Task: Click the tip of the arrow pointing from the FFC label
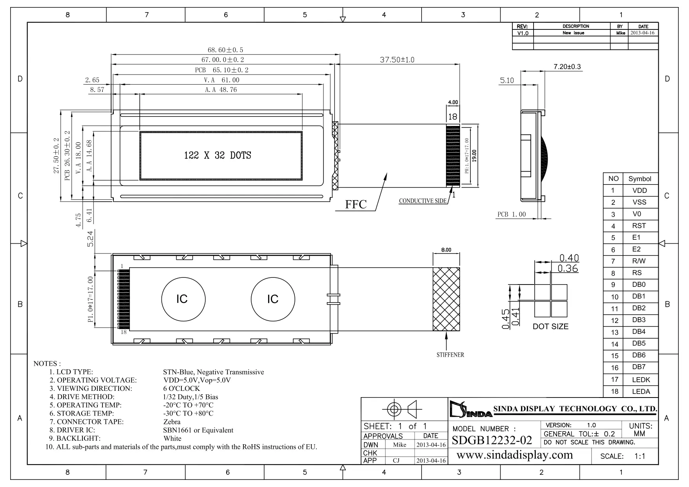[x=386, y=173]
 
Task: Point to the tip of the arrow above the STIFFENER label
[x=448, y=333]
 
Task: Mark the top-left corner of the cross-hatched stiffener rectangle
[x=433, y=268]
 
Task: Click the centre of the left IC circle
[x=183, y=299]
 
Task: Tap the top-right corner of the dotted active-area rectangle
[x=302, y=131]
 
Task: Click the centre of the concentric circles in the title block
[x=394, y=410]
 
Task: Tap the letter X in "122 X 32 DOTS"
[x=206, y=155]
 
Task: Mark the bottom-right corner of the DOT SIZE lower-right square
[x=567, y=317]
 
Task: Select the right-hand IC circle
[x=273, y=299]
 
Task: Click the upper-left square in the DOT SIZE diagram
[x=542, y=292]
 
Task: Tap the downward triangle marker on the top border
[x=343, y=19]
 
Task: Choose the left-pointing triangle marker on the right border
[x=662, y=243]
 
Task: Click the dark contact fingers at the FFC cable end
[x=453, y=156]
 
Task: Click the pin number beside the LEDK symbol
[x=614, y=379]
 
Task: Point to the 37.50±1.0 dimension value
[x=397, y=60]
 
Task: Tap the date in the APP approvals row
[x=431, y=461]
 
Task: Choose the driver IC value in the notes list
[x=198, y=430]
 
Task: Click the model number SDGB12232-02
[x=492, y=440]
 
